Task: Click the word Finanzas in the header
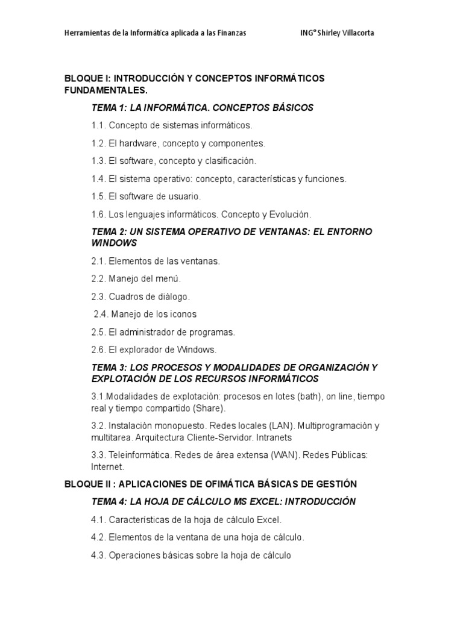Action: pos(231,33)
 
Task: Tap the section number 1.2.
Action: pos(98,143)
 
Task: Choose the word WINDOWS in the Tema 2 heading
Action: pos(114,243)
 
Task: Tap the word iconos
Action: pos(182,314)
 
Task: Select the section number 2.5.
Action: pos(98,332)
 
